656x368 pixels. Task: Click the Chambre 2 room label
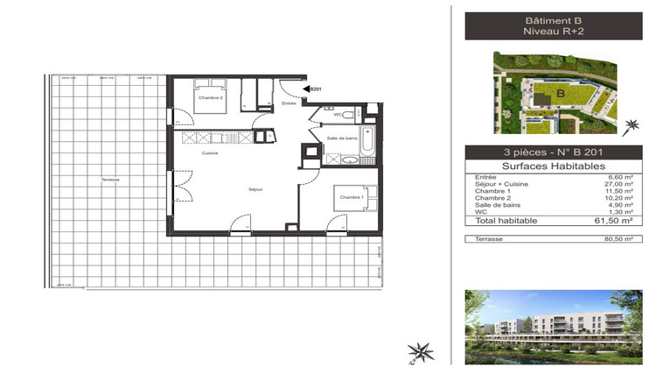210,97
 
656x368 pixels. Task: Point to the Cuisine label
209,153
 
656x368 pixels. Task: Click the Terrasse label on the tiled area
109,180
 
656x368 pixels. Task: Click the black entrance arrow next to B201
306,88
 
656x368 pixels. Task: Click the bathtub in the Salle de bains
369,144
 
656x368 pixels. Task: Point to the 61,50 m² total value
617,221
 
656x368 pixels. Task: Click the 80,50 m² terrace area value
617,238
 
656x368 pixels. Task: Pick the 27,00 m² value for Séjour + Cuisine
618,185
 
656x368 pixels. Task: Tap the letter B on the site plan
560,94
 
